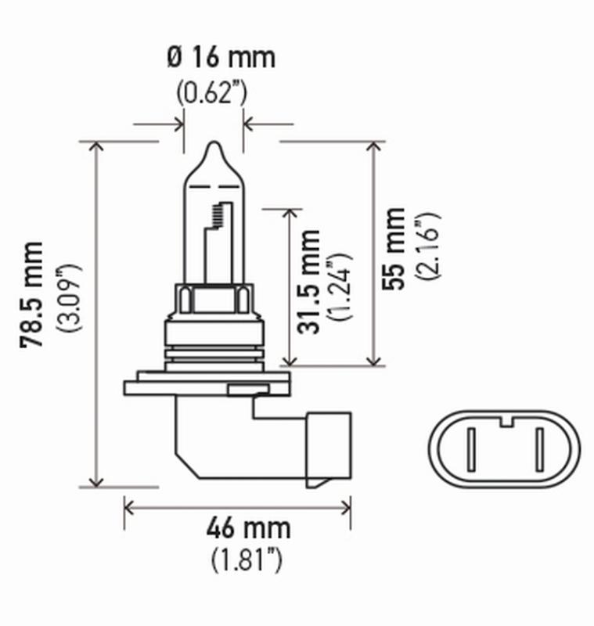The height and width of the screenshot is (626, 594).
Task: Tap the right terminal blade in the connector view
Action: (x=539, y=453)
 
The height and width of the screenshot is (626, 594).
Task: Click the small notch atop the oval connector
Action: (x=505, y=423)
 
